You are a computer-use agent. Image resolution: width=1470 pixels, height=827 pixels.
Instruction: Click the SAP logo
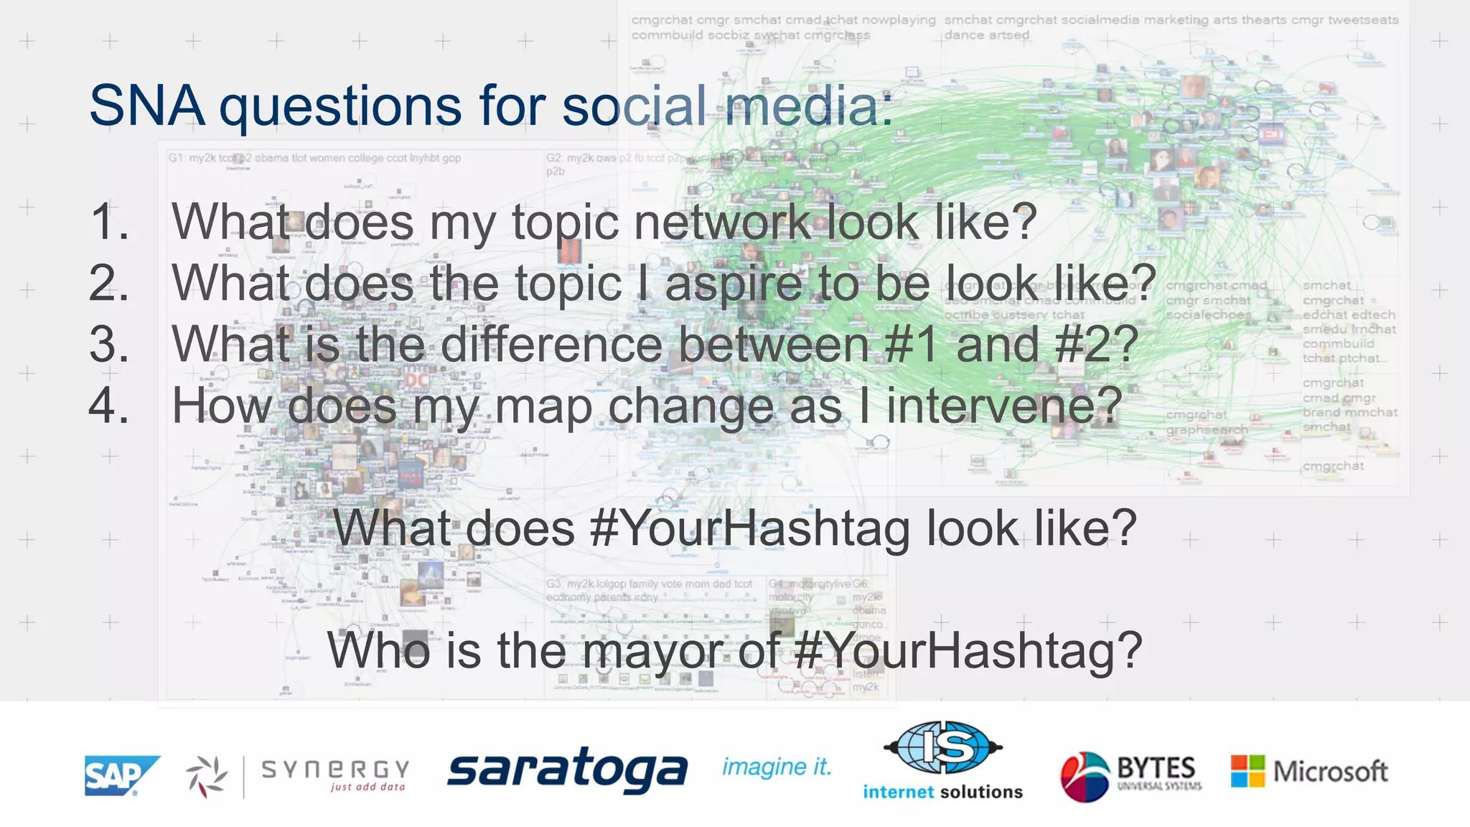point(120,775)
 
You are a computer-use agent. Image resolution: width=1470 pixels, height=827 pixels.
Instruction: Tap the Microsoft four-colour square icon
point(1247,771)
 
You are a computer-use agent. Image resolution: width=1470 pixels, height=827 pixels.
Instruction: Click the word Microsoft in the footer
point(1330,772)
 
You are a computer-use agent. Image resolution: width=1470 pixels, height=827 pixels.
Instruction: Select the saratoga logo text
point(567,770)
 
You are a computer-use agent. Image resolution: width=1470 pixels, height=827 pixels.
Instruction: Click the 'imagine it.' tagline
point(777,767)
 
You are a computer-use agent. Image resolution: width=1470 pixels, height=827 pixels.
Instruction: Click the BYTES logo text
point(1156,768)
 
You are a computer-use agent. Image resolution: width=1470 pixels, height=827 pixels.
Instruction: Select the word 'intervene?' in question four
point(1004,406)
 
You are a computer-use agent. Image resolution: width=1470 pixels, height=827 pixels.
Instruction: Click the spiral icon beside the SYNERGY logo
point(207,776)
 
